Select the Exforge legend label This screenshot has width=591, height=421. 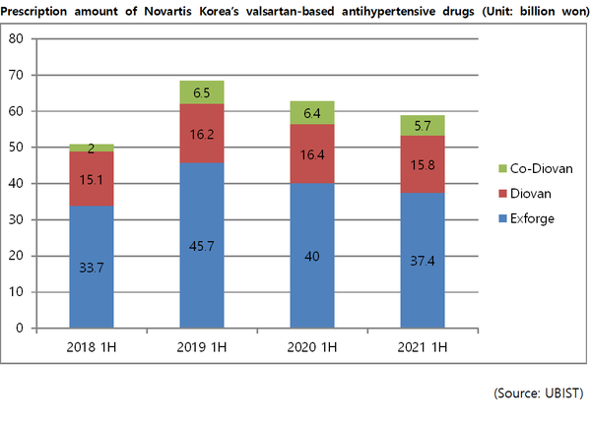pos(537,218)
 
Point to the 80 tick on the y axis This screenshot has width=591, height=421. pos(17,39)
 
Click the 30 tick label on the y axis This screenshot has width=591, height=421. pos(17,219)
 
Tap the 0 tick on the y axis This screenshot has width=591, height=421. pos(21,328)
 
